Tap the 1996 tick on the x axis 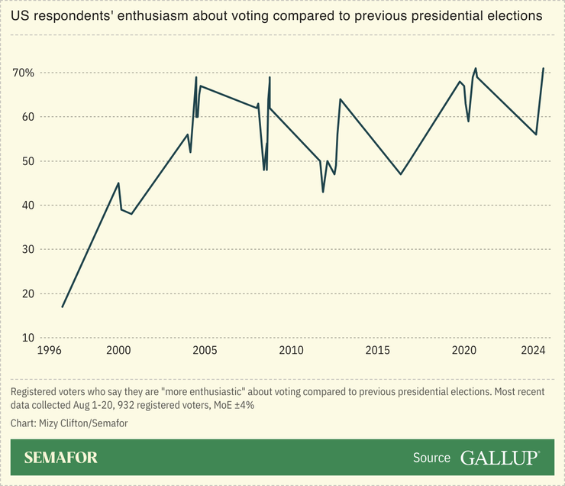click(49, 350)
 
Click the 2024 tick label click(533, 350)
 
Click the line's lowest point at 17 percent click(63, 306)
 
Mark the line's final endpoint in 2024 click(543, 69)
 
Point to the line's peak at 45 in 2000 click(118, 183)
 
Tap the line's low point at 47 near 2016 click(401, 174)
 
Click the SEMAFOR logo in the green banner click(61, 458)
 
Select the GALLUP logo click(500, 458)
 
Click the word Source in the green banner click(432, 458)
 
